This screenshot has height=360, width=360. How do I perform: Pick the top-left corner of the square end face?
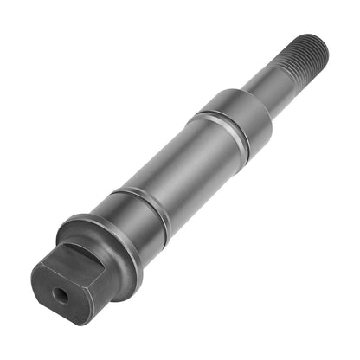click(39, 265)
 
